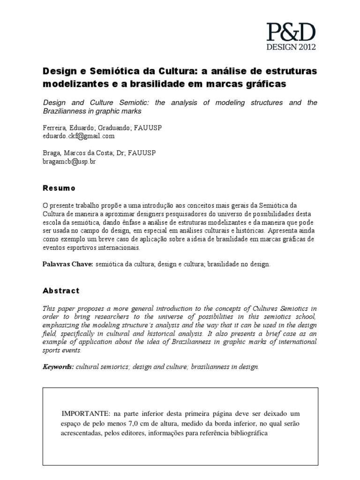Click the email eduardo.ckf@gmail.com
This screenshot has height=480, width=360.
click(x=79, y=136)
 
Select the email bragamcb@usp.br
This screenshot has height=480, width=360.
click(x=70, y=161)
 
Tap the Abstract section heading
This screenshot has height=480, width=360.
click(x=61, y=291)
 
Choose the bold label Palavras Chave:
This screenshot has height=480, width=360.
click(x=67, y=265)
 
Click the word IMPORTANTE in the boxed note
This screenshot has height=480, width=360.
click(x=85, y=413)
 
